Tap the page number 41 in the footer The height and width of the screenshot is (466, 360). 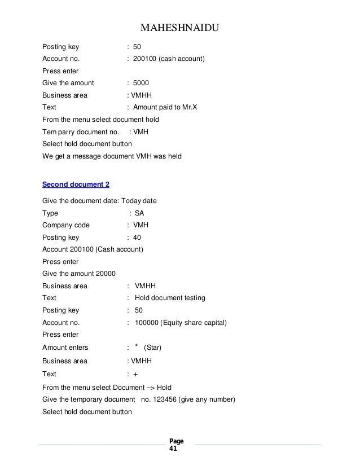pos(173,450)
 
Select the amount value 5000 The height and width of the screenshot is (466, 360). pos(141,83)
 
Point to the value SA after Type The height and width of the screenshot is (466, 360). pos(139,213)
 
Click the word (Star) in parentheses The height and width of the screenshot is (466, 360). pos(154,348)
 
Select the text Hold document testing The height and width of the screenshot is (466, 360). pos(170,298)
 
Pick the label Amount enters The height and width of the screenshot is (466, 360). pos(65,348)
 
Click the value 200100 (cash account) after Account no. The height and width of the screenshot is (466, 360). pos(168,59)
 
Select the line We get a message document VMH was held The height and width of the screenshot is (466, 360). pos(112,156)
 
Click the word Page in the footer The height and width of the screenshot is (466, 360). pos(176,441)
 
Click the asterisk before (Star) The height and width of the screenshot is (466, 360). pos(137,346)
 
